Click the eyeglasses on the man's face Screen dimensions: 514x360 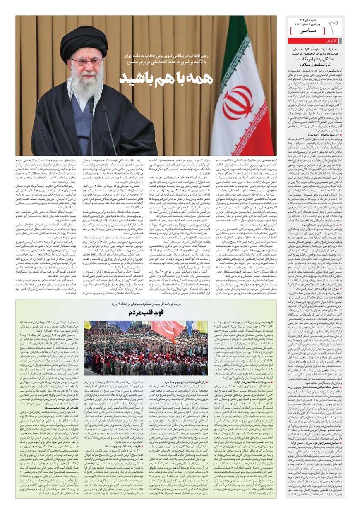(x=86, y=62)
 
